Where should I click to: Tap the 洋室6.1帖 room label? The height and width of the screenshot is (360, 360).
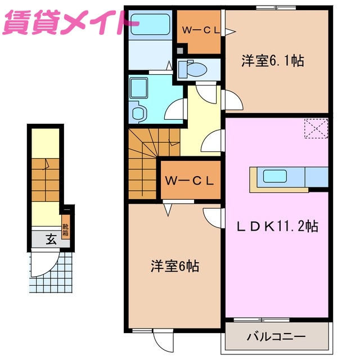coord(273,60)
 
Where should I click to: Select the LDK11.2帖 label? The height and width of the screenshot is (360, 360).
coord(277,226)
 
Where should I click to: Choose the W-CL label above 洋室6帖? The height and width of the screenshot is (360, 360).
coord(189,181)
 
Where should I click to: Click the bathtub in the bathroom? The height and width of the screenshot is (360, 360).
coord(150,26)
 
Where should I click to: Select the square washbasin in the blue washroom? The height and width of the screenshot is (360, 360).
coord(138,88)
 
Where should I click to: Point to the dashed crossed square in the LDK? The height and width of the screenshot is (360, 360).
coord(316,128)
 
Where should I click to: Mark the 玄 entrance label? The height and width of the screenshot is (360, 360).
coord(51,240)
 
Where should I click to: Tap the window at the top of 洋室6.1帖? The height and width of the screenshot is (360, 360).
coord(275,7)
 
